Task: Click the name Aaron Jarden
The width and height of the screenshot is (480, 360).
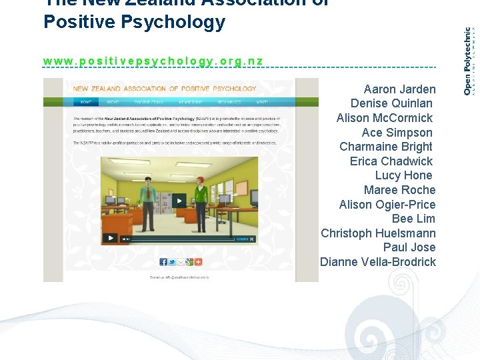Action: pyautogui.click(x=399, y=89)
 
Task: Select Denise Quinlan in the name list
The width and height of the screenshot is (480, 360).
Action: pyautogui.click(x=391, y=103)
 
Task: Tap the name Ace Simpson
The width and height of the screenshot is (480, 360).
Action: pyautogui.click(x=397, y=132)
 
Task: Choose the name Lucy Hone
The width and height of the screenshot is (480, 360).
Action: pyautogui.click(x=403, y=175)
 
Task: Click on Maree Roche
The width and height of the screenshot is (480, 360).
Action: pyautogui.click(x=399, y=190)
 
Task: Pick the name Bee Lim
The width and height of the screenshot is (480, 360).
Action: pyautogui.click(x=413, y=219)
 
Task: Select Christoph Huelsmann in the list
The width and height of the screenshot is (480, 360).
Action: pyautogui.click(x=378, y=233)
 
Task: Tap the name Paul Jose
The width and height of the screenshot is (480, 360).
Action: pyautogui.click(x=409, y=247)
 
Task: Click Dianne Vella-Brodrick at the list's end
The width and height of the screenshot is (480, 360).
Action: pyautogui.click(x=377, y=262)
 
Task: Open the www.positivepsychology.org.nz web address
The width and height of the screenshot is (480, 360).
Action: pyautogui.click(x=153, y=61)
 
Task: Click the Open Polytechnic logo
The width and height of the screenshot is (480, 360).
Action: pyautogui.click(x=469, y=60)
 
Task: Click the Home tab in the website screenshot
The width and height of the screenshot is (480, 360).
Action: pyautogui.click(x=85, y=103)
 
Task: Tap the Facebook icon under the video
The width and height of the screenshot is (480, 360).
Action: pyautogui.click(x=164, y=262)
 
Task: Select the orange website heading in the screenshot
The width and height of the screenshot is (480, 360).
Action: pyautogui.click(x=164, y=89)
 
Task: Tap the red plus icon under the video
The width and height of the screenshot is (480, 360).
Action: pyautogui.click(x=197, y=262)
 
